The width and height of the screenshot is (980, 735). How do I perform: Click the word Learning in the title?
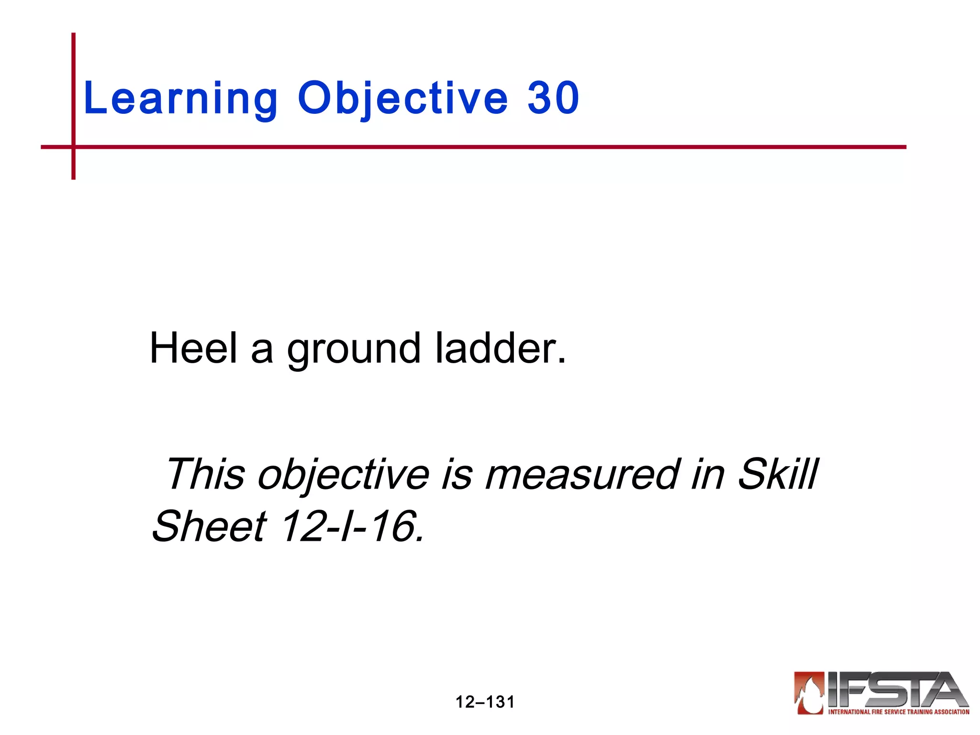180,98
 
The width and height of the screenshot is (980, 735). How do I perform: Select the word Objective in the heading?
402,98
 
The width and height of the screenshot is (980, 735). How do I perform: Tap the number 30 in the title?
553,98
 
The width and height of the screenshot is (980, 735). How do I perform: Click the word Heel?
193,348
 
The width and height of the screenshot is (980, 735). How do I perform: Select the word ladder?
501,348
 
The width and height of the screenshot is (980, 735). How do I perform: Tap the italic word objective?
343,475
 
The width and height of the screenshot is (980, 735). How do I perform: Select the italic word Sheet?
209,526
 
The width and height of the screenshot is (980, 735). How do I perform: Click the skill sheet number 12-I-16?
352,526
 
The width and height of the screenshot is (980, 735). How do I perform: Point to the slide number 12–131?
485,702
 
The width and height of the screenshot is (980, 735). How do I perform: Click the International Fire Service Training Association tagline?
898,712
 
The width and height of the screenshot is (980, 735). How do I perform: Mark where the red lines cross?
74,147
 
